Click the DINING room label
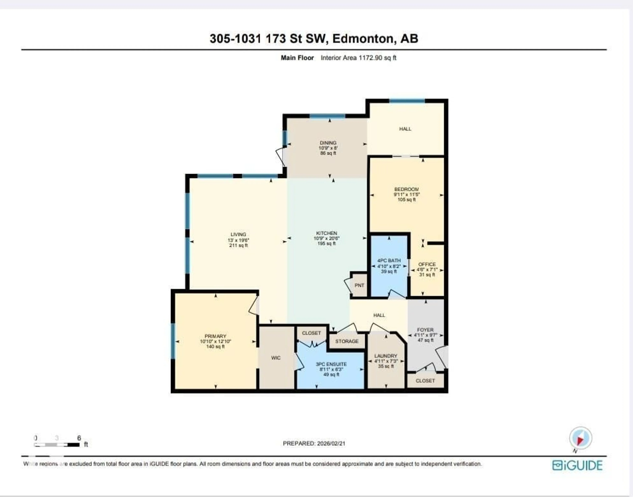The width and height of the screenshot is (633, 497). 328,143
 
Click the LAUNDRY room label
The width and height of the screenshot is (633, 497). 386,356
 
